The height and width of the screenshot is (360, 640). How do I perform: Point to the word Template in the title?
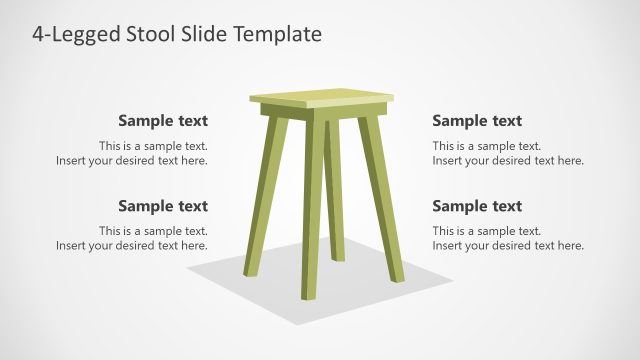[280, 34]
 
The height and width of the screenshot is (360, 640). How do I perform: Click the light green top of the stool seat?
[320, 96]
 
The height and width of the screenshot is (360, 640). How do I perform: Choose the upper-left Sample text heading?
[163, 121]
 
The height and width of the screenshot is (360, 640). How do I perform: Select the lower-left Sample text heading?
[163, 206]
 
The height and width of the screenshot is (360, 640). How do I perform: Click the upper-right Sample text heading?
[477, 121]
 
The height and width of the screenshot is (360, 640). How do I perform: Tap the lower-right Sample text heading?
[477, 206]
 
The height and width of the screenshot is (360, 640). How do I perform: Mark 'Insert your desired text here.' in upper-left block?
[132, 160]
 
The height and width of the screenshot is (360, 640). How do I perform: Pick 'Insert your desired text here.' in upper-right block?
[508, 160]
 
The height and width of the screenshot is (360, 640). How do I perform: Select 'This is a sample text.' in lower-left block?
[153, 231]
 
